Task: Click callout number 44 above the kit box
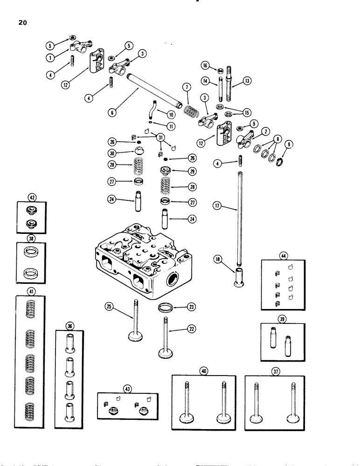(283, 255)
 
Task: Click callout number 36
(69, 326)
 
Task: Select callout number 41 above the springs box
(30, 291)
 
